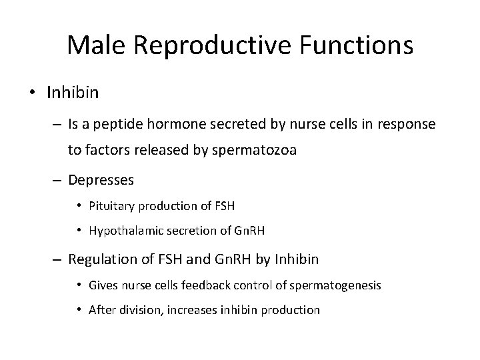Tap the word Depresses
click(x=101, y=180)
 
